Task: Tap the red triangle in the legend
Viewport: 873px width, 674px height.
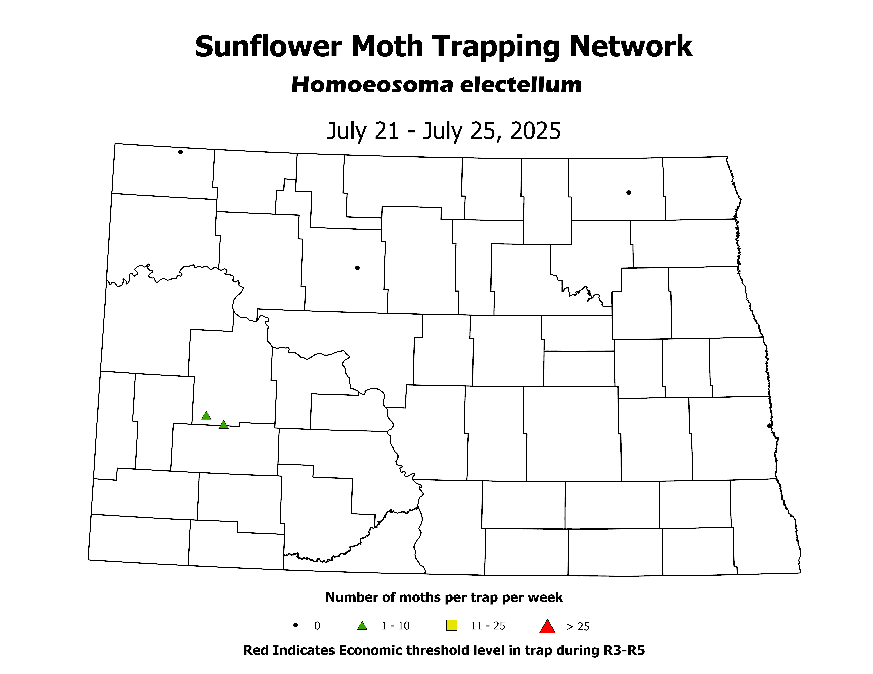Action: coord(547,626)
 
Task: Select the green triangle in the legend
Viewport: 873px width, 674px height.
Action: coord(362,626)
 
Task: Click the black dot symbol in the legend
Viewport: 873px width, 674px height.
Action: coord(296,625)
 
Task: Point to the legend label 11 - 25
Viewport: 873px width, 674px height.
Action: coord(488,626)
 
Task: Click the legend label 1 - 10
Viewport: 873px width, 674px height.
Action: coord(395,626)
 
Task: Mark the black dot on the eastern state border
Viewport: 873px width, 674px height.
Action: coord(769,426)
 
